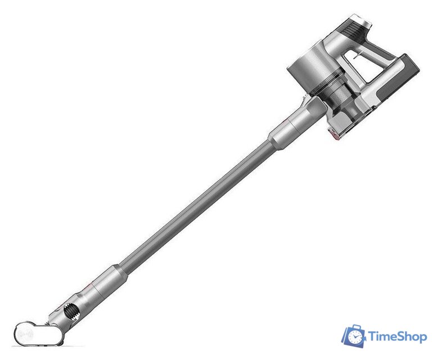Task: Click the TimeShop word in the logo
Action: (x=398, y=337)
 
